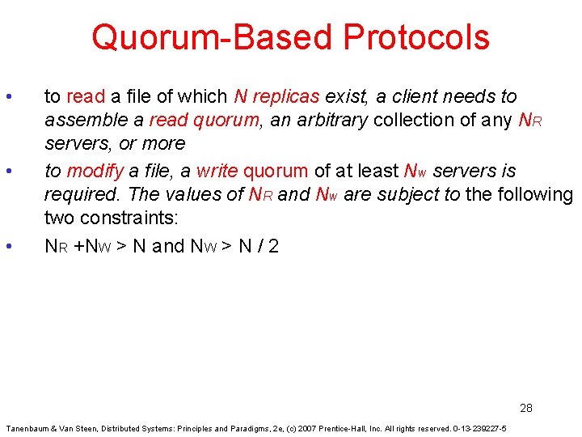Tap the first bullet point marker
(x=7, y=97)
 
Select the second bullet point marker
(x=7, y=172)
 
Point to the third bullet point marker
(x=7, y=246)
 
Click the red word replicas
(x=286, y=97)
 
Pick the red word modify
(x=95, y=172)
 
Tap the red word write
(x=217, y=172)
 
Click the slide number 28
(x=526, y=408)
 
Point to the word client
(x=427, y=97)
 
